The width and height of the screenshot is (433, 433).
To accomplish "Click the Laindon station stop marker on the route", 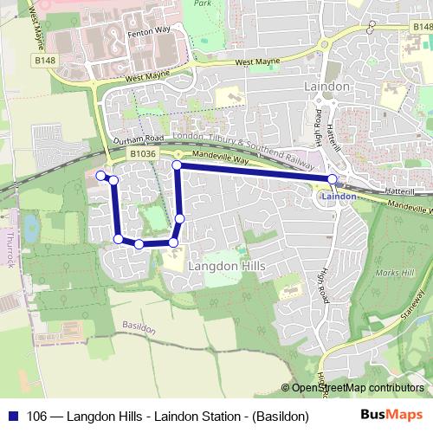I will click(332, 179).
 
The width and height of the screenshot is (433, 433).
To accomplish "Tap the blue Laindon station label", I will click(338, 197).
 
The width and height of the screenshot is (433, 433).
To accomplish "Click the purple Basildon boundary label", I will click(138, 329).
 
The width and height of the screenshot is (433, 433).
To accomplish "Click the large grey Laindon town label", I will click(326, 87).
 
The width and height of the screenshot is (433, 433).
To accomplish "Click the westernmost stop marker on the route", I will click(100, 176).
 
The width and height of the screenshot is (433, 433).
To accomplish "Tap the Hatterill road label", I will click(403, 189).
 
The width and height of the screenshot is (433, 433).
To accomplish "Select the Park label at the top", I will click(203, 4).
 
